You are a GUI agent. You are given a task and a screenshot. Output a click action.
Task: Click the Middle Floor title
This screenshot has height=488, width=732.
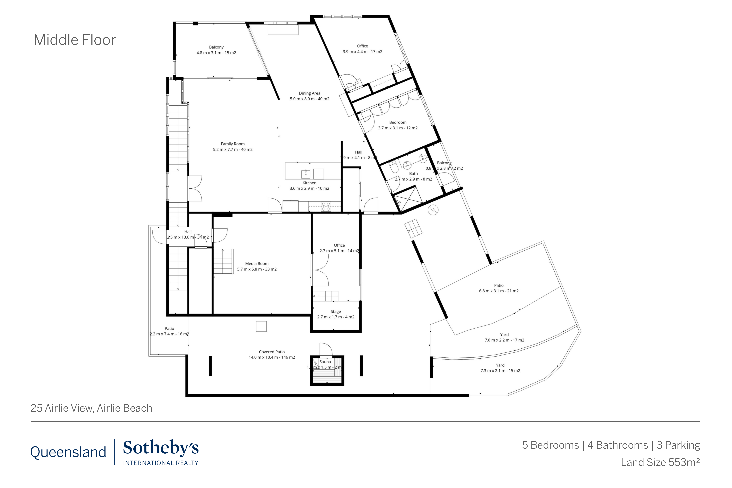(x=75, y=40)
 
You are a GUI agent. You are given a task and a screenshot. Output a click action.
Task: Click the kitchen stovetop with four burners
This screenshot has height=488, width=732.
(x=326, y=207)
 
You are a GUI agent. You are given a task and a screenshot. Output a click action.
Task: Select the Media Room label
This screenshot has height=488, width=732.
(x=257, y=264)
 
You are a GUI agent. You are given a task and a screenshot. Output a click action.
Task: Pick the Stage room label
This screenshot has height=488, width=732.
(x=335, y=312)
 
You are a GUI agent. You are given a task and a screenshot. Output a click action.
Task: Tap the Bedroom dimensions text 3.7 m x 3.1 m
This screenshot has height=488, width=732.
(x=398, y=128)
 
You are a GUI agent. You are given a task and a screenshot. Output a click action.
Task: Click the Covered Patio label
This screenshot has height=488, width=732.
(x=272, y=352)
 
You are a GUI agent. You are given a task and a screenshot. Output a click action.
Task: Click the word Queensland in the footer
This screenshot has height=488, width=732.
(x=68, y=452)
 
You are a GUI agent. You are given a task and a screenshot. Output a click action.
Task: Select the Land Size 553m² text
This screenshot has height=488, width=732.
(x=660, y=462)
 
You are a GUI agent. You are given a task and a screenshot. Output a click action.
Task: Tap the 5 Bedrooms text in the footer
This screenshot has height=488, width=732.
(x=550, y=445)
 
